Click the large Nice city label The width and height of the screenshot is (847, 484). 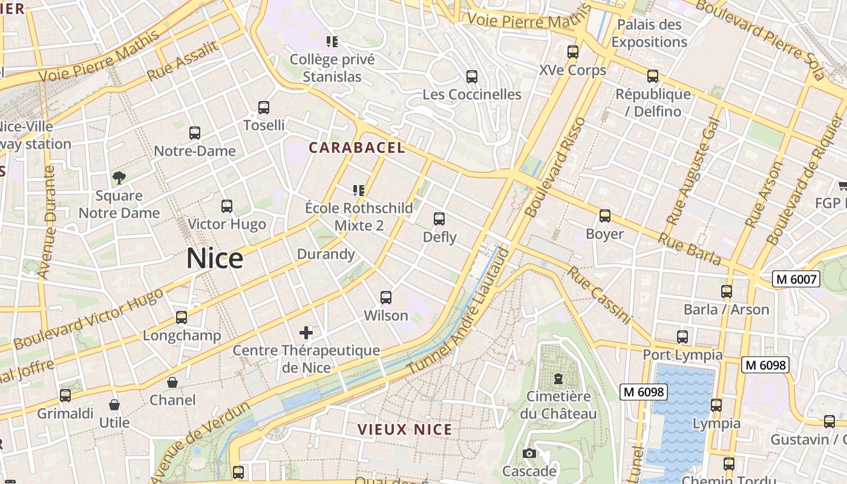click(x=215, y=258)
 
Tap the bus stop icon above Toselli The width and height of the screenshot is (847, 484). click(x=263, y=108)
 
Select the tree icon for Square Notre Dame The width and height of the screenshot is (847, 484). click(x=119, y=178)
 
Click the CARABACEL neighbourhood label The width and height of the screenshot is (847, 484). click(x=357, y=148)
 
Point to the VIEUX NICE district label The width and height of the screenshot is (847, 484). click(x=405, y=430)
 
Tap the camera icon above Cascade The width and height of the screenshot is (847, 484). click(x=529, y=454)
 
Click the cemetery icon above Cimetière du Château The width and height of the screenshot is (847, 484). click(x=558, y=379)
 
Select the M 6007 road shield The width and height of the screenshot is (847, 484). click(x=796, y=280)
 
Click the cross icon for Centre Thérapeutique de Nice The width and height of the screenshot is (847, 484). click(x=306, y=332)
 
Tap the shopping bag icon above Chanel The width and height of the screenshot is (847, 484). click(x=172, y=382)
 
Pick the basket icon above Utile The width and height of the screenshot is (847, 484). click(x=114, y=405)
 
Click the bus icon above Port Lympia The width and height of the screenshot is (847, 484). click(x=682, y=337)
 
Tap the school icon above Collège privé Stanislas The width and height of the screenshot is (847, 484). click(x=332, y=42)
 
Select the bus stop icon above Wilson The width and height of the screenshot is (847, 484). click(x=385, y=298)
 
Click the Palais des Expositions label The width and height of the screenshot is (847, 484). click(x=649, y=33)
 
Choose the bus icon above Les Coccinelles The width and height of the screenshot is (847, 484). click(x=472, y=77)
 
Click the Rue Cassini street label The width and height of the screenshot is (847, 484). click(x=599, y=295)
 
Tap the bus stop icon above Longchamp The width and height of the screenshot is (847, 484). click(x=181, y=318)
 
